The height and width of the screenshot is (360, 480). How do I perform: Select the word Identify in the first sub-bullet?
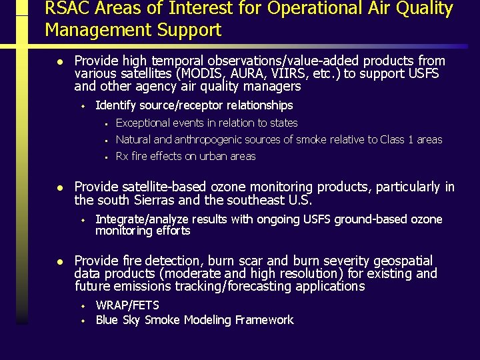(x=116, y=105)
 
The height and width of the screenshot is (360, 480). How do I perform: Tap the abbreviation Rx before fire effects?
(x=123, y=157)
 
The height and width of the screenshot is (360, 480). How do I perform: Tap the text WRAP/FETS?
(x=127, y=305)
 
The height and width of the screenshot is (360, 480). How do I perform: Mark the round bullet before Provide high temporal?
(x=59, y=61)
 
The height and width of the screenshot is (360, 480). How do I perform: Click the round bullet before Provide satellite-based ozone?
(x=59, y=188)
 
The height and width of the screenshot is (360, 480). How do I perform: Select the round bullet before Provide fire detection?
(x=59, y=261)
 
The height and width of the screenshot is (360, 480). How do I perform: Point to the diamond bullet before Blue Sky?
(x=83, y=321)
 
